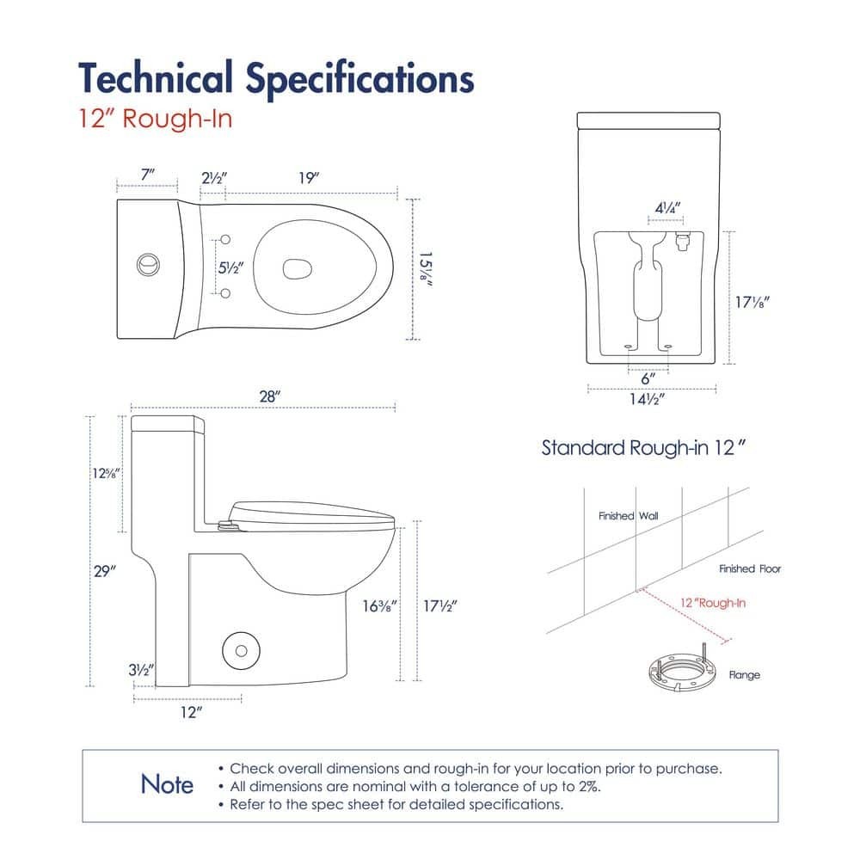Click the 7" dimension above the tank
pos(148,175)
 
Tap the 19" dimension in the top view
pos(309,178)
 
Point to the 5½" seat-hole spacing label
pos(230,267)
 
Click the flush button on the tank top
pos(148,266)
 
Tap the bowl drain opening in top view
pos(298,268)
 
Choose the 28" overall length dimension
pos(270,396)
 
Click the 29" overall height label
pos(105,571)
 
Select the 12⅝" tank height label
pos(105,473)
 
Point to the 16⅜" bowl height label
pos(379,606)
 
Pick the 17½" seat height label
pos(439,606)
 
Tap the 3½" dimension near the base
pos(141,670)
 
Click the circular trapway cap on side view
pos(241,651)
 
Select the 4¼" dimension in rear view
pos(667,208)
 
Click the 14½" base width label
pos(648,399)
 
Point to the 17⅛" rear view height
pos(752,302)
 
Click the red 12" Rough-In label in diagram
pos(712,603)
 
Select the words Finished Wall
pos(628,515)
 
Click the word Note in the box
pos(167,784)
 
